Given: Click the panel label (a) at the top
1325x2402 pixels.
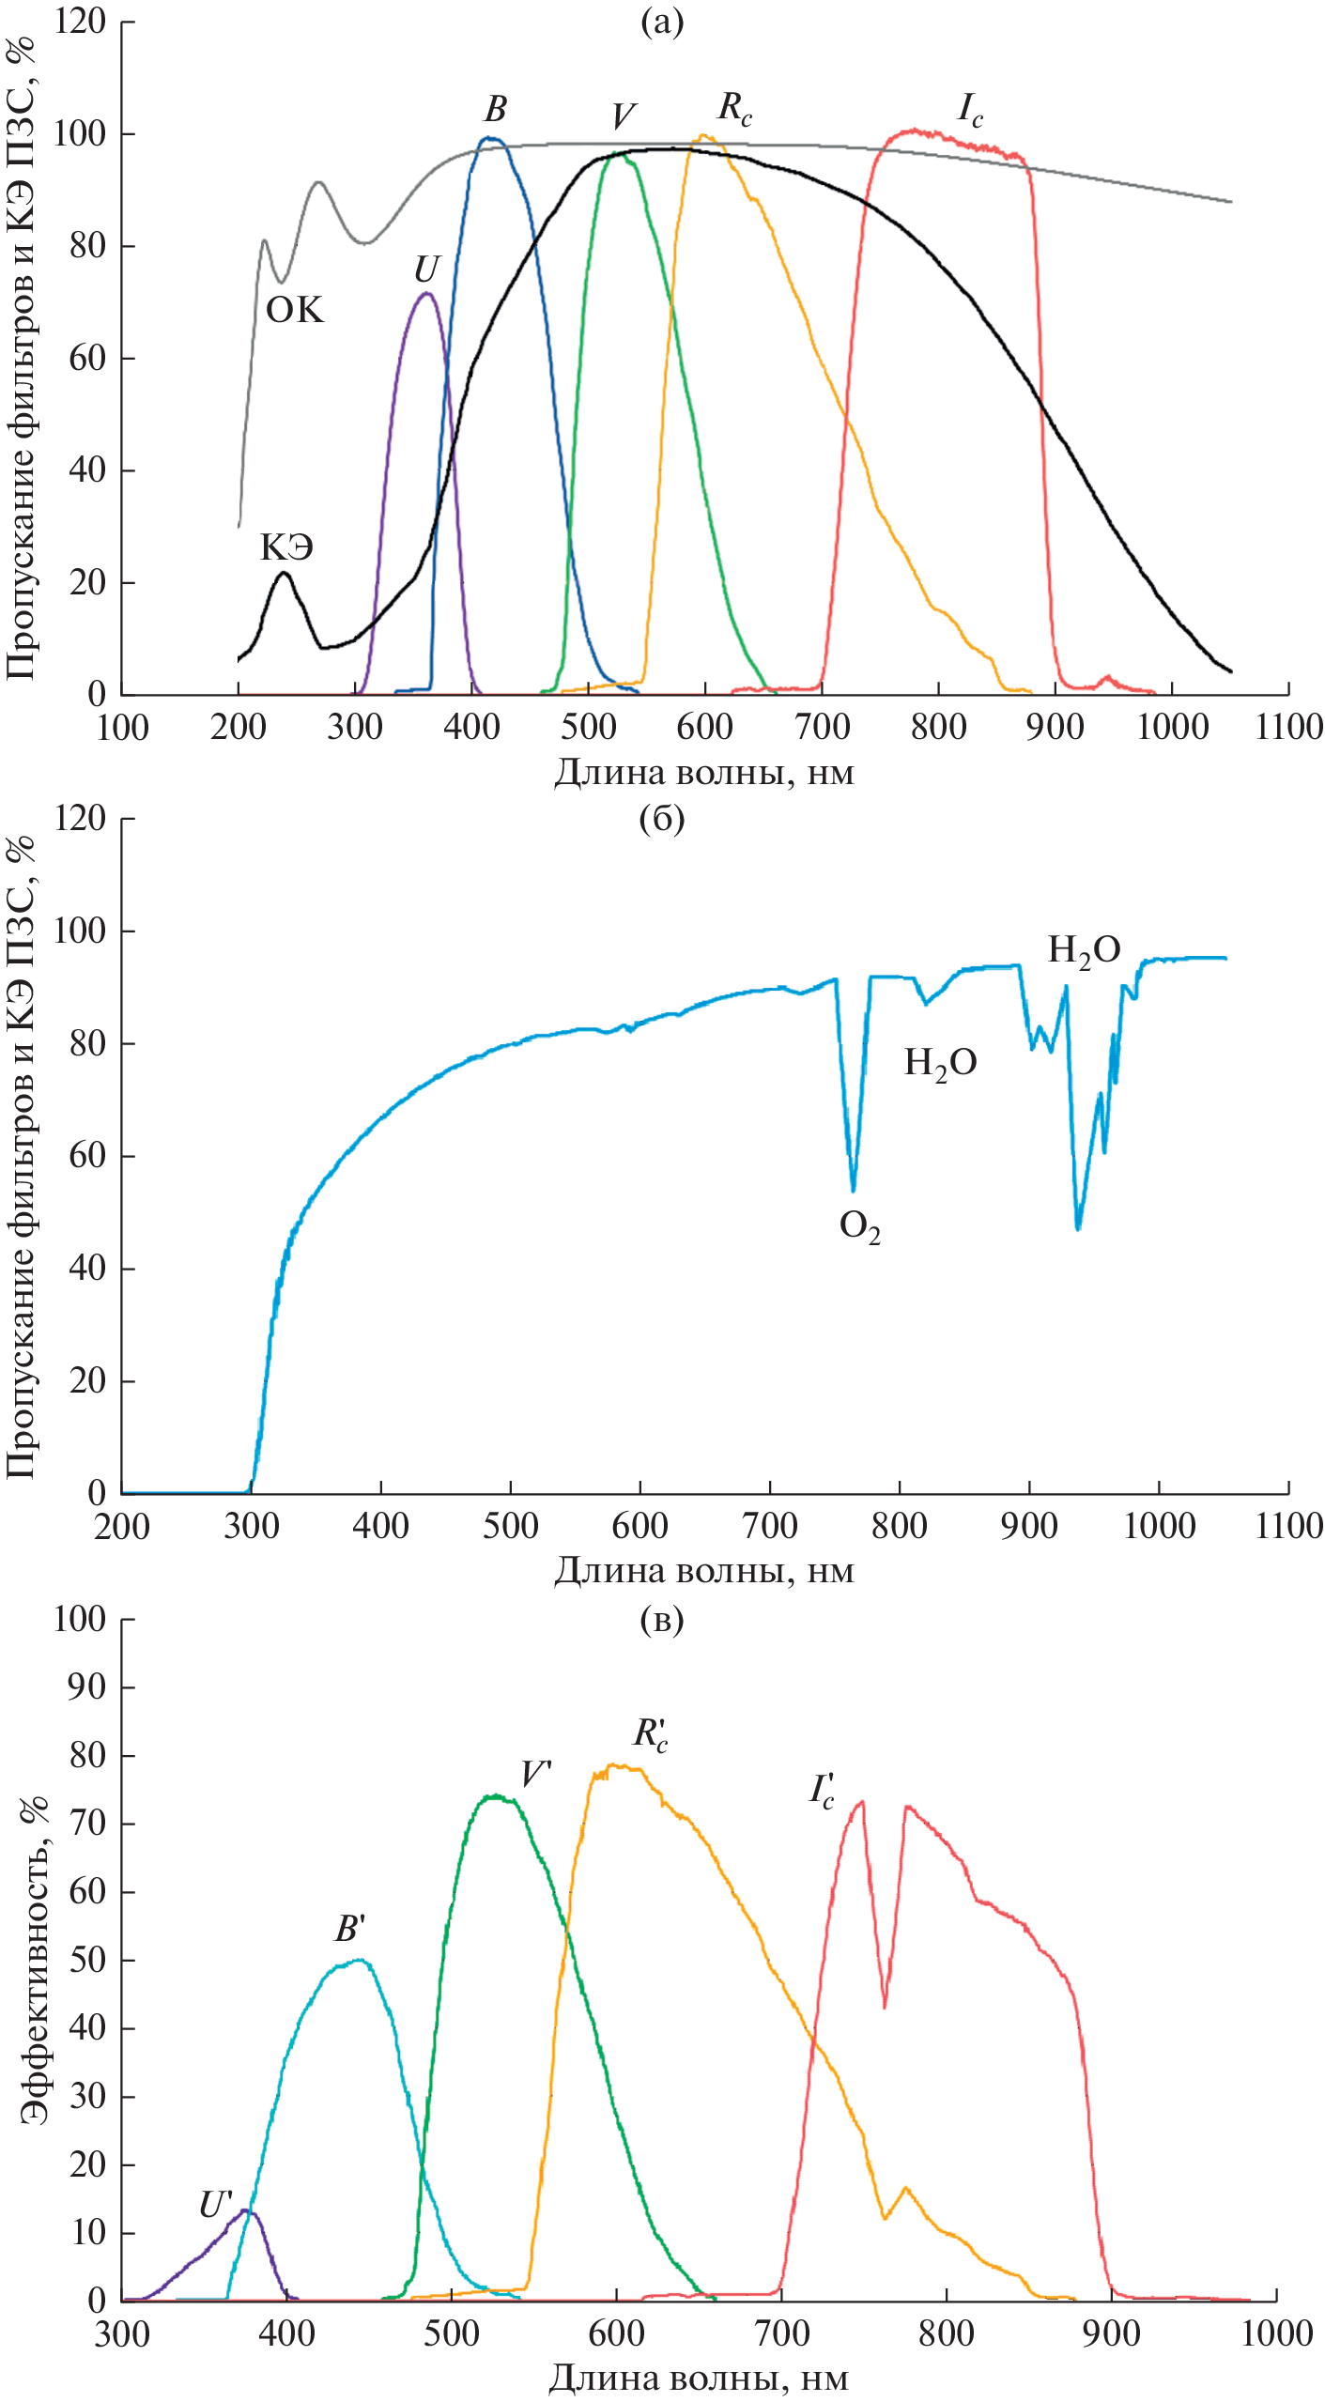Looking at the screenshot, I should tap(661, 22).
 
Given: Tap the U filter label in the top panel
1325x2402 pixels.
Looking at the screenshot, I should tap(425, 269).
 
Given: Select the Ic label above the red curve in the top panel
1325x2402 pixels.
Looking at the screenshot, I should tap(970, 109).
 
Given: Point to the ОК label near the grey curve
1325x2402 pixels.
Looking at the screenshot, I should tap(295, 309).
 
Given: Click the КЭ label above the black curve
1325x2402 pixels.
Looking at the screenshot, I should tap(286, 546).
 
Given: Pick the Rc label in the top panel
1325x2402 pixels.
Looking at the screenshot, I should tap(734, 108).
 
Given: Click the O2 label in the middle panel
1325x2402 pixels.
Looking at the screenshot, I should tap(859, 1225).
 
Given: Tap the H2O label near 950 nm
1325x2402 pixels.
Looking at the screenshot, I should tap(1084, 950).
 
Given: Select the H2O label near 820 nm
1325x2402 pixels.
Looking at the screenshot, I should tap(940, 1063).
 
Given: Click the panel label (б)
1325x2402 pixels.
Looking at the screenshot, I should tap(661, 819).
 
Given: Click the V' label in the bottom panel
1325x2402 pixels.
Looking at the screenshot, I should tap(536, 1774).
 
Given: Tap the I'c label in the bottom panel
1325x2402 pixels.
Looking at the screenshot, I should tap(823, 1791).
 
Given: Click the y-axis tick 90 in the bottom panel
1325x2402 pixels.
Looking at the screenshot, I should tap(88, 1687).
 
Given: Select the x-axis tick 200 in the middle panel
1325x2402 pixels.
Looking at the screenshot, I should tap(122, 1526).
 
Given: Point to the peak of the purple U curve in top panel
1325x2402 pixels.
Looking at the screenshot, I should tap(426, 293).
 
